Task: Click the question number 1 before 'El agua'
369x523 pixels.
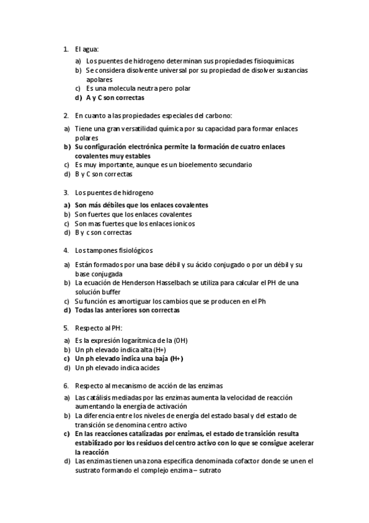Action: click(65, 48)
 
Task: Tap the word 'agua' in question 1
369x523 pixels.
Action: click(91, 48)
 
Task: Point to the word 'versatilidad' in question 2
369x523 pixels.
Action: click(139, 128)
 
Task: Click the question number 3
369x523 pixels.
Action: click(65, 192)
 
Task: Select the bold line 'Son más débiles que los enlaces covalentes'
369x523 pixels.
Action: click(141, 205)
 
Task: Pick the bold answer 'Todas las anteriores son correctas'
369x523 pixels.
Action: click(128, 310)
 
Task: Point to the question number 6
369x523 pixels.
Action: click(65, 385)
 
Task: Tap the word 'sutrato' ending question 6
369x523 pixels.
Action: click(207, 471)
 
